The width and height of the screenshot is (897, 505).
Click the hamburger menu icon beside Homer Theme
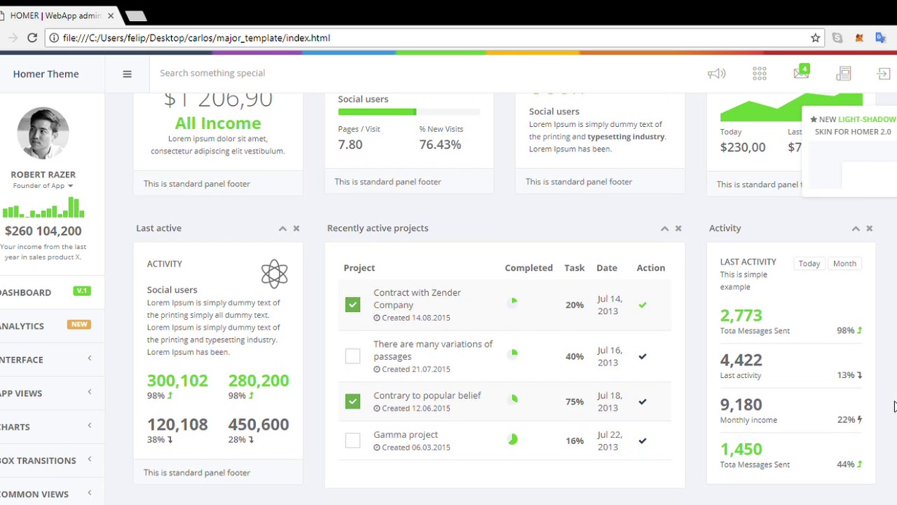click(x=127, y=74)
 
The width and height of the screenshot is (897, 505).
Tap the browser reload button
click(x=32, y=38)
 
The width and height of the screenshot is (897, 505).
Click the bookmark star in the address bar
click(x=815, y=38)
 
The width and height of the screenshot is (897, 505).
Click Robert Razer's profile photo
click(x=43, y=133)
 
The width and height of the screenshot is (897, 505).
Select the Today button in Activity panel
click(x=809, y=264)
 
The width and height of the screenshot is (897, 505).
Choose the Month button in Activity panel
click(x=844, y=264)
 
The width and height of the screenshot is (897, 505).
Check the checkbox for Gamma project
click(x=352, y=440)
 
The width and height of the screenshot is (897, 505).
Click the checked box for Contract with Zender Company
click(x=352, y=304)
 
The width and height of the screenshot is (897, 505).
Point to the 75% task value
click(x=575, y=402)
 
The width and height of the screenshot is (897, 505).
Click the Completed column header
click(x=528, y=268)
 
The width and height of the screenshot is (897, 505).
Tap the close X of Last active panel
click(x=296, y=229)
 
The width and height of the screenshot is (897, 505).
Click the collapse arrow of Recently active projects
click(x=664, y=229)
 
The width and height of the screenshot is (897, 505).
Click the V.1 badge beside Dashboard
click(x=82, y=291)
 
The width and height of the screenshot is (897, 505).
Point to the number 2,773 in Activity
click(x=741, y=316)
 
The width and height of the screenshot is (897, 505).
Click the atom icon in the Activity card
click(x=274, y=274)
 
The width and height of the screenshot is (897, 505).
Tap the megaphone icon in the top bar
click(x=716, y=74)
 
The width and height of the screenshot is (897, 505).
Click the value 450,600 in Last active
click(x=258, y=424)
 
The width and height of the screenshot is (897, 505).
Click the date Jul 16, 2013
click(x=609, y=356)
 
